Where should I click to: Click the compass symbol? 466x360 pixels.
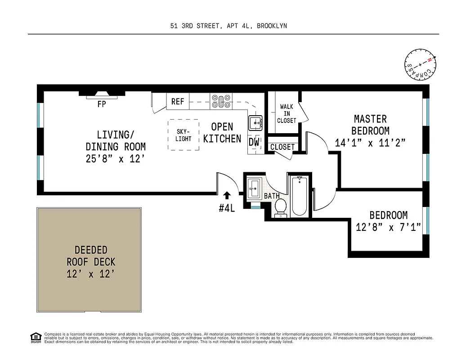coord(421,65)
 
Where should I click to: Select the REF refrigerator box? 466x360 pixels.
coord(178,101)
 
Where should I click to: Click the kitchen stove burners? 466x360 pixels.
coord(221,101)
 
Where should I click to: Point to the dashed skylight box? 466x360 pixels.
coord(183,135)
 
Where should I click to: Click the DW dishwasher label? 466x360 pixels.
coord(254,142)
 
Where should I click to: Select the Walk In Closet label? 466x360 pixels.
coord(287,113)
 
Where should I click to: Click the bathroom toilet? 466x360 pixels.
coord(281,208)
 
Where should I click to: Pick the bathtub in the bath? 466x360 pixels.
coord(299,196)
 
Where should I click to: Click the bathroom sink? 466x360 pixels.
coord(254,187)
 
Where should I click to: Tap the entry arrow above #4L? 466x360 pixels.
coord(227,195)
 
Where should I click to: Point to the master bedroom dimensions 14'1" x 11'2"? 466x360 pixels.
coord(371,143)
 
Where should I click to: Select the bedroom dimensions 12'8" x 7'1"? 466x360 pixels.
coord(388,227)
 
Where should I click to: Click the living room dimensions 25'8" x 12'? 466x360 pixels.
coord(115,158)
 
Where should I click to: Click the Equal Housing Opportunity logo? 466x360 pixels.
coord(34,337)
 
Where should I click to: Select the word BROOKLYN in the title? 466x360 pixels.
coord(272,26)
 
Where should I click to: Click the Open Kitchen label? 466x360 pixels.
coord(222,133)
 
